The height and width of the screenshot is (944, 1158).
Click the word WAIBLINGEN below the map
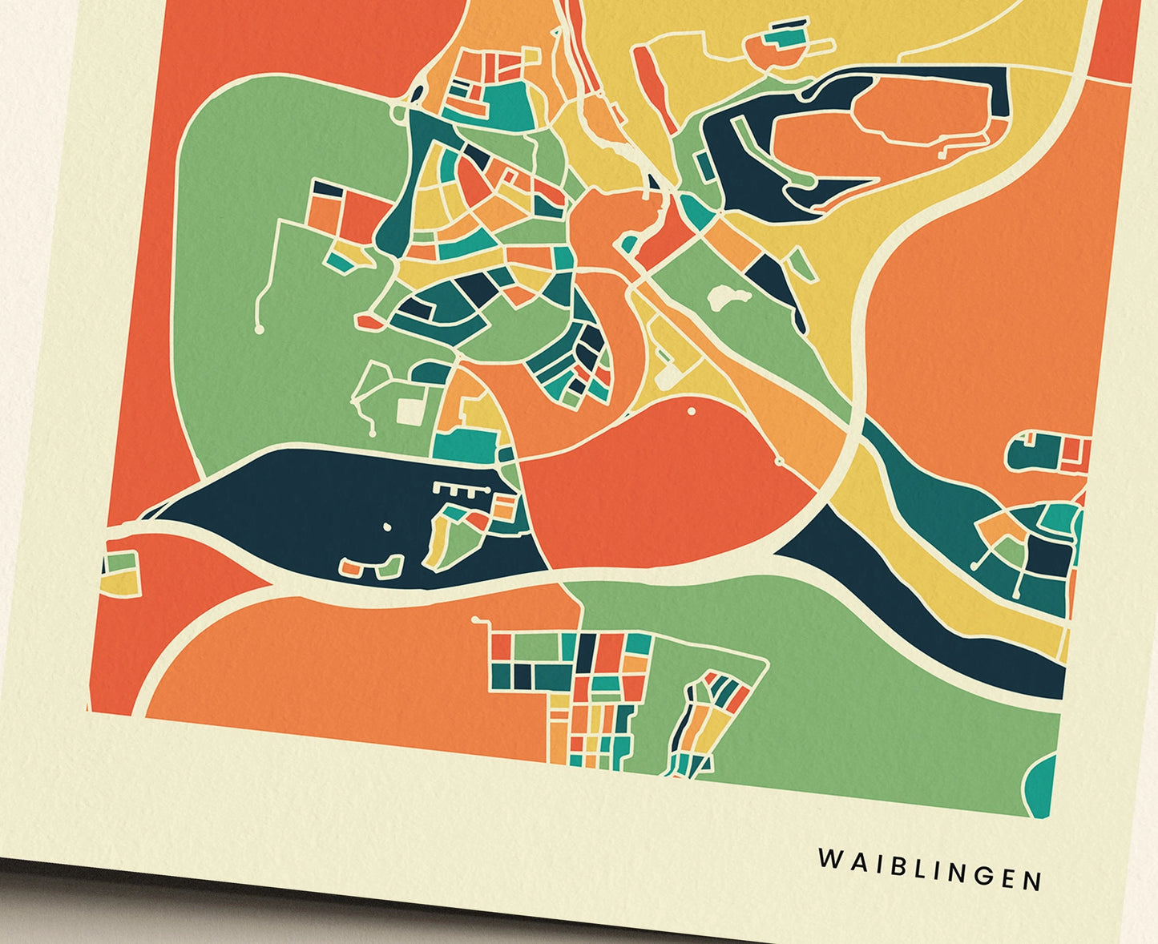coord(930,869)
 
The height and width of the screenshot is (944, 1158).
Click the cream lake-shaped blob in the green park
coord(728,299)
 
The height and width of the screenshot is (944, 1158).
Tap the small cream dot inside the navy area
coord(387,527)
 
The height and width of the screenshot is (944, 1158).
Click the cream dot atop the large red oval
coord(692,411)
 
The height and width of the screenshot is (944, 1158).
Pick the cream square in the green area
coord(410,411)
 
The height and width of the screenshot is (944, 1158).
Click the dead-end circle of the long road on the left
coord(259,329)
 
